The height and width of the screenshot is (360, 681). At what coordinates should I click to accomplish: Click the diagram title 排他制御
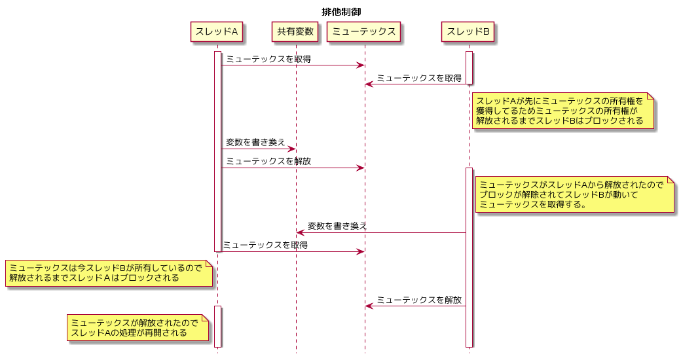pyautogui.click(x=341, y=12)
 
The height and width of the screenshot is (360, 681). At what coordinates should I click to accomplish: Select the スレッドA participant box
pyautogui.click(x=216, y=31)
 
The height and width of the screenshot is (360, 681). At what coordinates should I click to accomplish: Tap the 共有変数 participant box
pyautogui.click(x=295, y=31)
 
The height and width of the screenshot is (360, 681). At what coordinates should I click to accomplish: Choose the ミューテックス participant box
pyautogui.click(x=364, y=31)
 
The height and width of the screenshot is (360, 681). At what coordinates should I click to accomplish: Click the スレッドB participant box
pyautogui.click(x=468, y=31)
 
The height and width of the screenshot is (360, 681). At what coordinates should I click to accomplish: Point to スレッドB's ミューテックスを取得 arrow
pyautogui.click(x=416, y=84)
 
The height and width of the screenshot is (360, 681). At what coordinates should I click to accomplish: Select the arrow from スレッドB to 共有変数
pyautogui.click(x=381, y=233)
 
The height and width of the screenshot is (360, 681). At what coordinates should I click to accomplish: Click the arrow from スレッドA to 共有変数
pyautogui.click(x=259, y=149)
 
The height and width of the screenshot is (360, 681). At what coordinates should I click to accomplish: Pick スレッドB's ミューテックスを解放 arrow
pyautogui.click(x=416, y=306)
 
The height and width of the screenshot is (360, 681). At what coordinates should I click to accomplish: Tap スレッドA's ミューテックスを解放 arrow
pyautogui.click(x=293, y=168)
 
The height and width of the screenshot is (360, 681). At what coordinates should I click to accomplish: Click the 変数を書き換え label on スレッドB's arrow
pyautogui.click(x=337, y=226)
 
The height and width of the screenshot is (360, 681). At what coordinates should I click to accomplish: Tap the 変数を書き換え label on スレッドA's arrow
pyautogui.click(x=255, y=143)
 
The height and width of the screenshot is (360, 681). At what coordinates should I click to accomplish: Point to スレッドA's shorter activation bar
pyautogui.click(x=217, y=327)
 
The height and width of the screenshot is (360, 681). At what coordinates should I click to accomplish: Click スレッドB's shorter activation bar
pyautogui.click(x=469, y=67)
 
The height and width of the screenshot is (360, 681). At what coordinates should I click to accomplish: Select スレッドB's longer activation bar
pyautogui.click(x=469, y=257)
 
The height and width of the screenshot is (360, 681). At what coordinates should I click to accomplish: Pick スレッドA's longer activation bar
pyautogui.click(x=217, y=152)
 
